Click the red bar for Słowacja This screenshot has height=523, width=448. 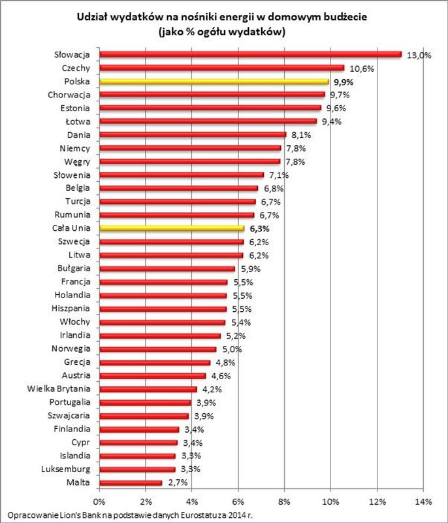pos(250,54)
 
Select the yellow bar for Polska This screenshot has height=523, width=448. pos(214,82)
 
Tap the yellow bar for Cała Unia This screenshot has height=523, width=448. pos(172,229)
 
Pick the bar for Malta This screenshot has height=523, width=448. pos(131,482)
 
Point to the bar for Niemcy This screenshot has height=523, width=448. pos(190,148)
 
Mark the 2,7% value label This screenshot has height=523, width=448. pos(178,482)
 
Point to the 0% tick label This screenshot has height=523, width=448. pos(99,501)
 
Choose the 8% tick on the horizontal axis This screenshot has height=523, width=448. pos(284,501)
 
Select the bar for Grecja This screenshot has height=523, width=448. pos(155,362)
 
